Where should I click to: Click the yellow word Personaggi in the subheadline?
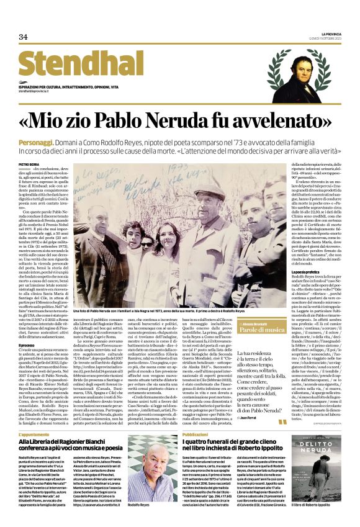35,142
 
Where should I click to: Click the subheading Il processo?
27,345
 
